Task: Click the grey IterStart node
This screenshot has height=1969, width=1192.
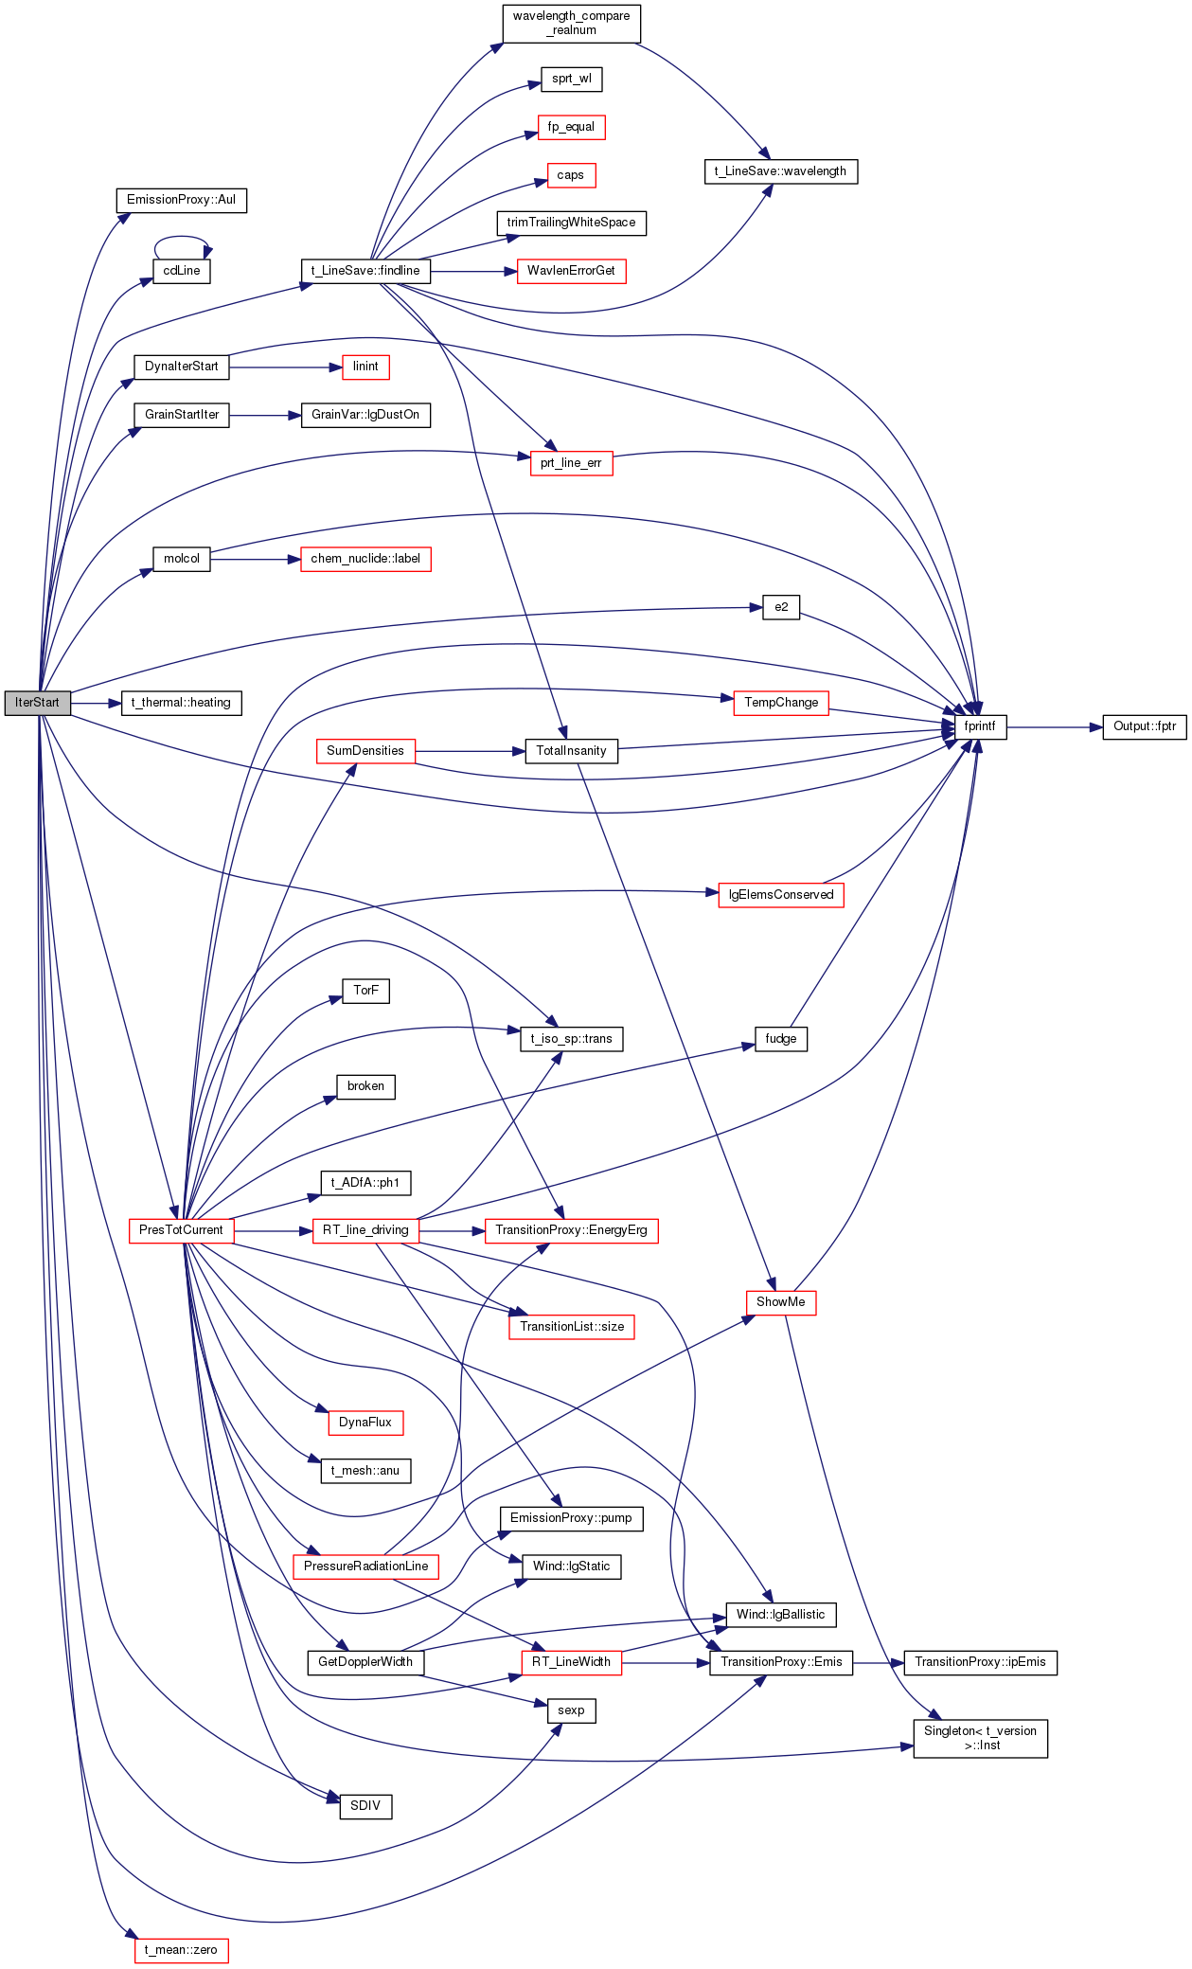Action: point(37,703)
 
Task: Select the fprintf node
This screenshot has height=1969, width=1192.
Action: point(980,727)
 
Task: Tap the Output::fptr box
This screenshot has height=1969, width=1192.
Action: point(1145,727)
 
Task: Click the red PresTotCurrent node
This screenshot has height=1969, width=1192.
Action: point(181,1230)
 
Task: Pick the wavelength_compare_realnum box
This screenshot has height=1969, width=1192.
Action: point(571,24)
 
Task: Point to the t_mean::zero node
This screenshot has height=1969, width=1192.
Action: point(181,1950)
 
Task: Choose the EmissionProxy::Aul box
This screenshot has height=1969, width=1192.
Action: point(181,200)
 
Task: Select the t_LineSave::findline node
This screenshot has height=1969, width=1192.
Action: point(365,271)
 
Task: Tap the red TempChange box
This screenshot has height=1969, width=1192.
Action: point(781,703)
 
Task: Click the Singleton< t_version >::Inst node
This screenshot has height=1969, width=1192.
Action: point(980,1738)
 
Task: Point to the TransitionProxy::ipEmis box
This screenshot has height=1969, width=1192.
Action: point(980,1662)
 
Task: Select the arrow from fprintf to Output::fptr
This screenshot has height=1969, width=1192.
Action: point(1055,727)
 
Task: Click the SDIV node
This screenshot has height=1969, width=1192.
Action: point(365,1806)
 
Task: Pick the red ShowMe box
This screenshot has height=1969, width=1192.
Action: point(781,1302)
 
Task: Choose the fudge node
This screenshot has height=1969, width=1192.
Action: point(781,1039)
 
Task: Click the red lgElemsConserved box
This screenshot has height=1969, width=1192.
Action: point(781,895)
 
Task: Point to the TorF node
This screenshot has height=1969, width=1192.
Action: point(365,991)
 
